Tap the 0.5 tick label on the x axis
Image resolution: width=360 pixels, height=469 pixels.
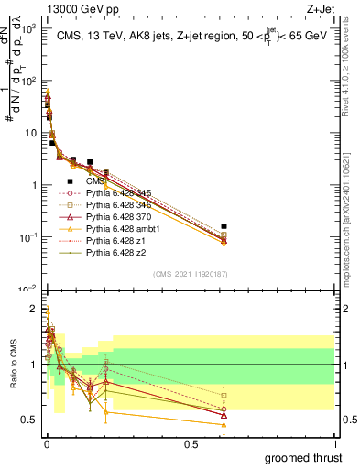[191, 443]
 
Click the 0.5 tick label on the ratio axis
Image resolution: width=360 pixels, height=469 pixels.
[27, 420]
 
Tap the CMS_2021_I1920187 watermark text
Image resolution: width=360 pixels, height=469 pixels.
[189, 273]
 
